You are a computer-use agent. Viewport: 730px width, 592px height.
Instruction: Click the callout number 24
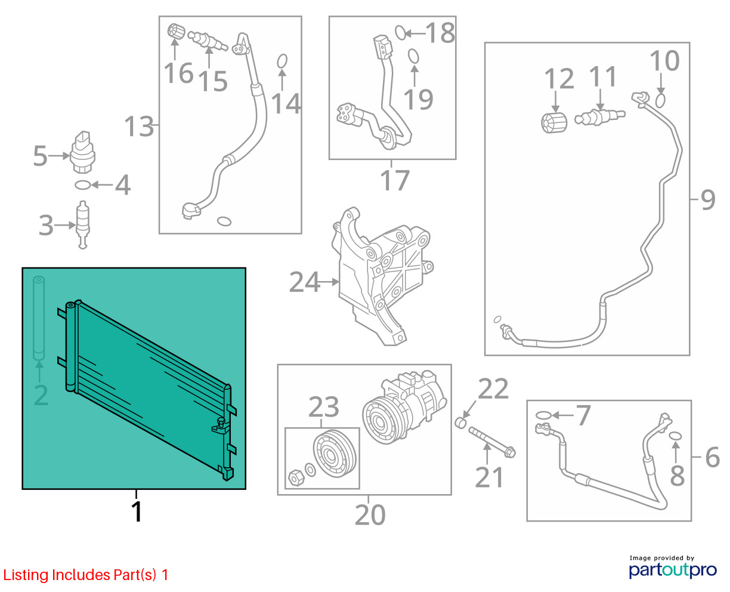[x=304, y=282]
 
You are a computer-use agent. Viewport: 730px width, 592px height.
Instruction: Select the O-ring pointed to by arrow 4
[x=83, y=185]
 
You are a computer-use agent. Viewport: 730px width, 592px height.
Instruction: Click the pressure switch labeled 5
[x=82, y=152]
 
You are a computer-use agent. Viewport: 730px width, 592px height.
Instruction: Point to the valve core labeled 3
[x=83, y=224]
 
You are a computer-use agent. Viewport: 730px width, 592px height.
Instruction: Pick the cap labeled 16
[x=176, y=32]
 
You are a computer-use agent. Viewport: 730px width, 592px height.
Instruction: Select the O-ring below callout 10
[x=660, y=100]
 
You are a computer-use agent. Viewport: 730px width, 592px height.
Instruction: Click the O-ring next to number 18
[x=400, y=33]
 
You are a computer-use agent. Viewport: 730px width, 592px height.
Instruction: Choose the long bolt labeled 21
[x=492, y=442]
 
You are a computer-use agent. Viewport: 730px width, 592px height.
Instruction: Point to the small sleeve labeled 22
[x=461, y=423]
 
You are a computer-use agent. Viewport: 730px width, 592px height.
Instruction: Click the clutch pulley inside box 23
[x=335, y=454]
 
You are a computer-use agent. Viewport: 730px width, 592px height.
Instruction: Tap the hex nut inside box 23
[x=296, y=478]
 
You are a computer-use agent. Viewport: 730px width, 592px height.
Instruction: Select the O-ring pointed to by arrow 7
[x=543, y=415]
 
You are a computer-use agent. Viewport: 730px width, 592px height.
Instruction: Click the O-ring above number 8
[x=676, y=436]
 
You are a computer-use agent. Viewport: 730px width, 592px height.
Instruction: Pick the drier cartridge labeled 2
[x=39, y=318]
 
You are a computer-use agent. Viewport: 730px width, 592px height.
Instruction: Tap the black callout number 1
[x=137, y=512]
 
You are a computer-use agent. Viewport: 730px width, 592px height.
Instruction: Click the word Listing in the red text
[x=26, y=575]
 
